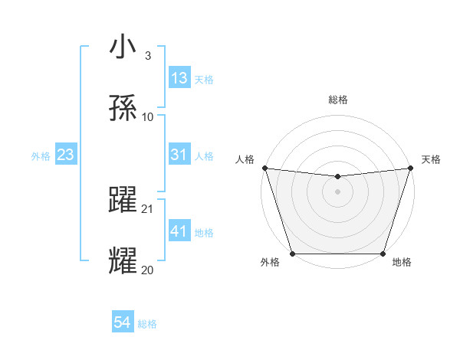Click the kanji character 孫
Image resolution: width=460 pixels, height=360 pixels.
[x=124, y=108]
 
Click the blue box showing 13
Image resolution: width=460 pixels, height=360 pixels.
[x=179, y=78]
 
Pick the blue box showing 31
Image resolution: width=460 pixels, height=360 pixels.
[x=179, y=155]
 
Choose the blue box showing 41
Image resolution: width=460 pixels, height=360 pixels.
[x=179, y=231]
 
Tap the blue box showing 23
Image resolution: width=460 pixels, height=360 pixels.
[x=65, y=155]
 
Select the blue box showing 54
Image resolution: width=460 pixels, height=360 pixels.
[x=122, y=323]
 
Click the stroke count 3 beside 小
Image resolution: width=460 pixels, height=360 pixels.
[x=147, y=56]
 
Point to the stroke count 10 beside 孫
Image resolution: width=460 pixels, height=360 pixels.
[x=148, y=116]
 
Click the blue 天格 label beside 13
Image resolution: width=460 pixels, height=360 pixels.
[x=203, y=79]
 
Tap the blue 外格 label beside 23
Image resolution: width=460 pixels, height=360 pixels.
[x=41, y=155]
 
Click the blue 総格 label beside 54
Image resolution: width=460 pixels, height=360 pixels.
[x=147, y=324]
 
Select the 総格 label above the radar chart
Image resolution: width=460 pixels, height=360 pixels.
[x=337, y=100]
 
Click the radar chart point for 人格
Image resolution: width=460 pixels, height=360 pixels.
[x=264, y=168]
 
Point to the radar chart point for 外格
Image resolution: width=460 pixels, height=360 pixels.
[x=292, y=254]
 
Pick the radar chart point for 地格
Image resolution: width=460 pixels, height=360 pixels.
[x=383, y=254]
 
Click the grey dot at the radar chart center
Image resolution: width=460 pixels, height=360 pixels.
[x=337, y=191]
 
